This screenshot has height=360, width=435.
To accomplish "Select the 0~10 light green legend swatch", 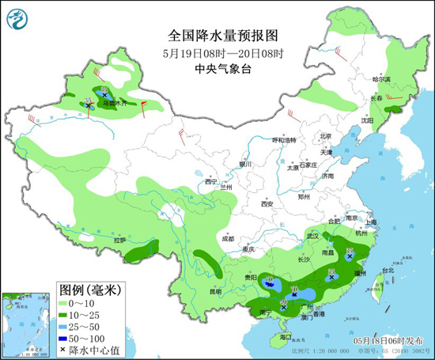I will (x=65, y=304).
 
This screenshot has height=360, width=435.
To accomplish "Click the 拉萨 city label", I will (x=120, y=240).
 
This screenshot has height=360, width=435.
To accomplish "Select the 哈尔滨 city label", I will (x=381, y=79).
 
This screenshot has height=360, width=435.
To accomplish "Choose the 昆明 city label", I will (x=216, y=291).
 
